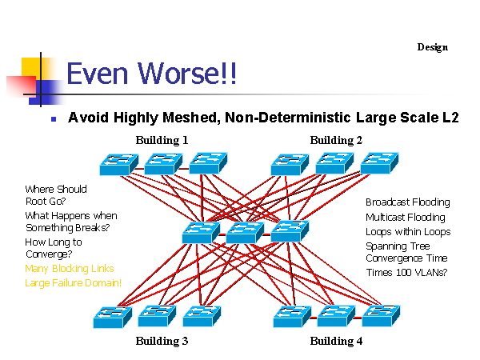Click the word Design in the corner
[x=432, y=47]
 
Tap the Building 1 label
[x=162, y=140]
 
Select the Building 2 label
[x=336, y=140]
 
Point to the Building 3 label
[x=162, y=341]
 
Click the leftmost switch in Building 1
[x=119, y=165]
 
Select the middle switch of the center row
[x=244, y=233]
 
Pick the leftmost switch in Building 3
[x=113, y=318]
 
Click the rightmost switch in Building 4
[x=381, y=316]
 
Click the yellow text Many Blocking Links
[x=70, y=269]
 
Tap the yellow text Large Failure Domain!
[x=74, y=282]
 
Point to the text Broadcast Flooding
[x=407, y=202]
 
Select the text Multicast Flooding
[x=406, y=217]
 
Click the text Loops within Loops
[x=408, y=231]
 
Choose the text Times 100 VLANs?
[x=406, y=273]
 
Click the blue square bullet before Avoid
[x=54, y=118]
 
